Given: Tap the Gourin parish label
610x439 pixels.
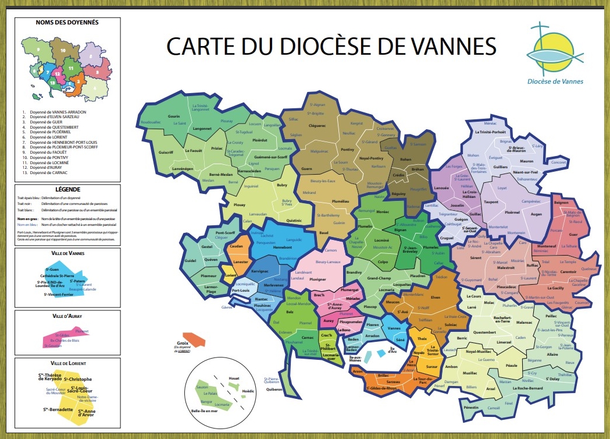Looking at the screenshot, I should click(x=174, y=116).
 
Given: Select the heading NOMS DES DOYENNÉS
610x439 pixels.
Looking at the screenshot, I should click(x=67, y=23).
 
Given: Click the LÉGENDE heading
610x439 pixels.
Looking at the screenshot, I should click(x=67, y=190).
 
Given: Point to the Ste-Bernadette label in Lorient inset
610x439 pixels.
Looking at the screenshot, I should click(x=58, y=409).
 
